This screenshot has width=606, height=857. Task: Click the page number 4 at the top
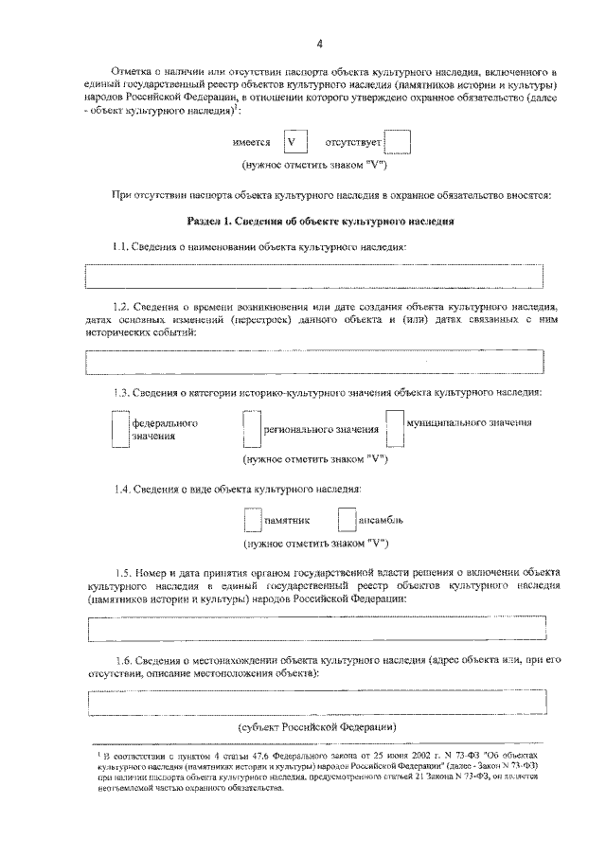[320, 44]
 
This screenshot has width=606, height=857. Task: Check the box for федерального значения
[119, 430]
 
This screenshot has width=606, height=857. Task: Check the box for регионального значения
[251, 430]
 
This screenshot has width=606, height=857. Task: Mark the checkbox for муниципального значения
[394, 428]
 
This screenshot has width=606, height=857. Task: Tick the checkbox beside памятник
[252, 521]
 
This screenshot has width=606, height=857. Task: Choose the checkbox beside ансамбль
[346, 521]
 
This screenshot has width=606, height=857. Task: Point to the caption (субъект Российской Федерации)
[316, 727]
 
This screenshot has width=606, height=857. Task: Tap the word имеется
[252, 143]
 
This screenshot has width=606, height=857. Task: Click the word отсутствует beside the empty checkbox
[353, 143]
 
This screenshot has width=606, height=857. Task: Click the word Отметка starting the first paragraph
[132, 72]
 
